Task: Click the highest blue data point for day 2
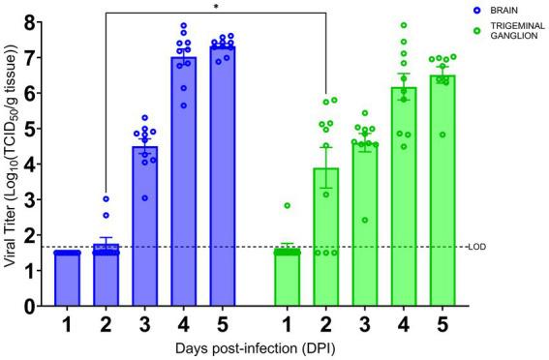[x=107, y=198]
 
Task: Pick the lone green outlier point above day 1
[x=288, y=205]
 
